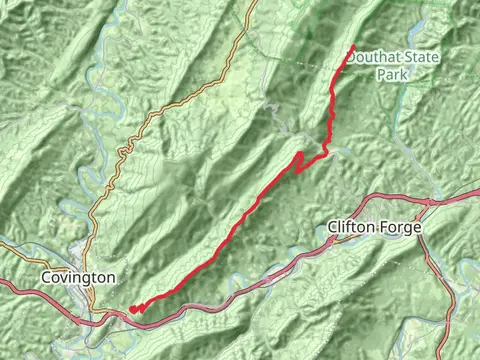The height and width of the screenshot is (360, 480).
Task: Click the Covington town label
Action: (79, 276)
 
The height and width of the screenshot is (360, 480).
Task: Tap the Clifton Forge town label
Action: (375, 228)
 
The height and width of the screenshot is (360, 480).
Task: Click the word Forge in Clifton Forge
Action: (402, 228)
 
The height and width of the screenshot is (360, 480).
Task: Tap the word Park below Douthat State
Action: (393, 74)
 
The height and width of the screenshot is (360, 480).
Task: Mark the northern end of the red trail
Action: (352, 47)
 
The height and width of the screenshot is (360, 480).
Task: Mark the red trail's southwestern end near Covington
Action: (133, 309)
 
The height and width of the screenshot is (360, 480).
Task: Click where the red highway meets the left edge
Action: (2, 283)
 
